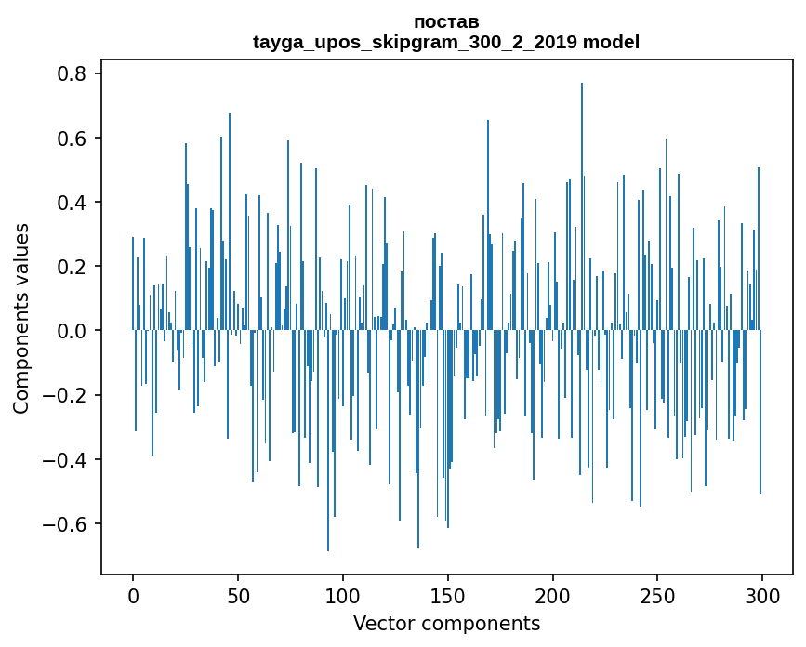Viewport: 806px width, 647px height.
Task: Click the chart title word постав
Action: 446,21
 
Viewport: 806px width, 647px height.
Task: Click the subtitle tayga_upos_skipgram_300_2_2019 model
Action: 446,42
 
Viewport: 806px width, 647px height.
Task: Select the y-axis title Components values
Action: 21,318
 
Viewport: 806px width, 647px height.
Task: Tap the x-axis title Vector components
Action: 446,623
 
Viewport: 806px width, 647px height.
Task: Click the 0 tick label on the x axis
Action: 133,595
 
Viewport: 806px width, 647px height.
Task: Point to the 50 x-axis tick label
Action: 238,595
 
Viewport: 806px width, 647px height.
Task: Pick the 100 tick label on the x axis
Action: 343,595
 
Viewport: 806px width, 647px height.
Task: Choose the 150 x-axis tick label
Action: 448,595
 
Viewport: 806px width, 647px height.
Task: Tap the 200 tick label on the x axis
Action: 553,595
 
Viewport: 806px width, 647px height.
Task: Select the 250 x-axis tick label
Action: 658,595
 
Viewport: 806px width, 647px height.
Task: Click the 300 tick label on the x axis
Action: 763,595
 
